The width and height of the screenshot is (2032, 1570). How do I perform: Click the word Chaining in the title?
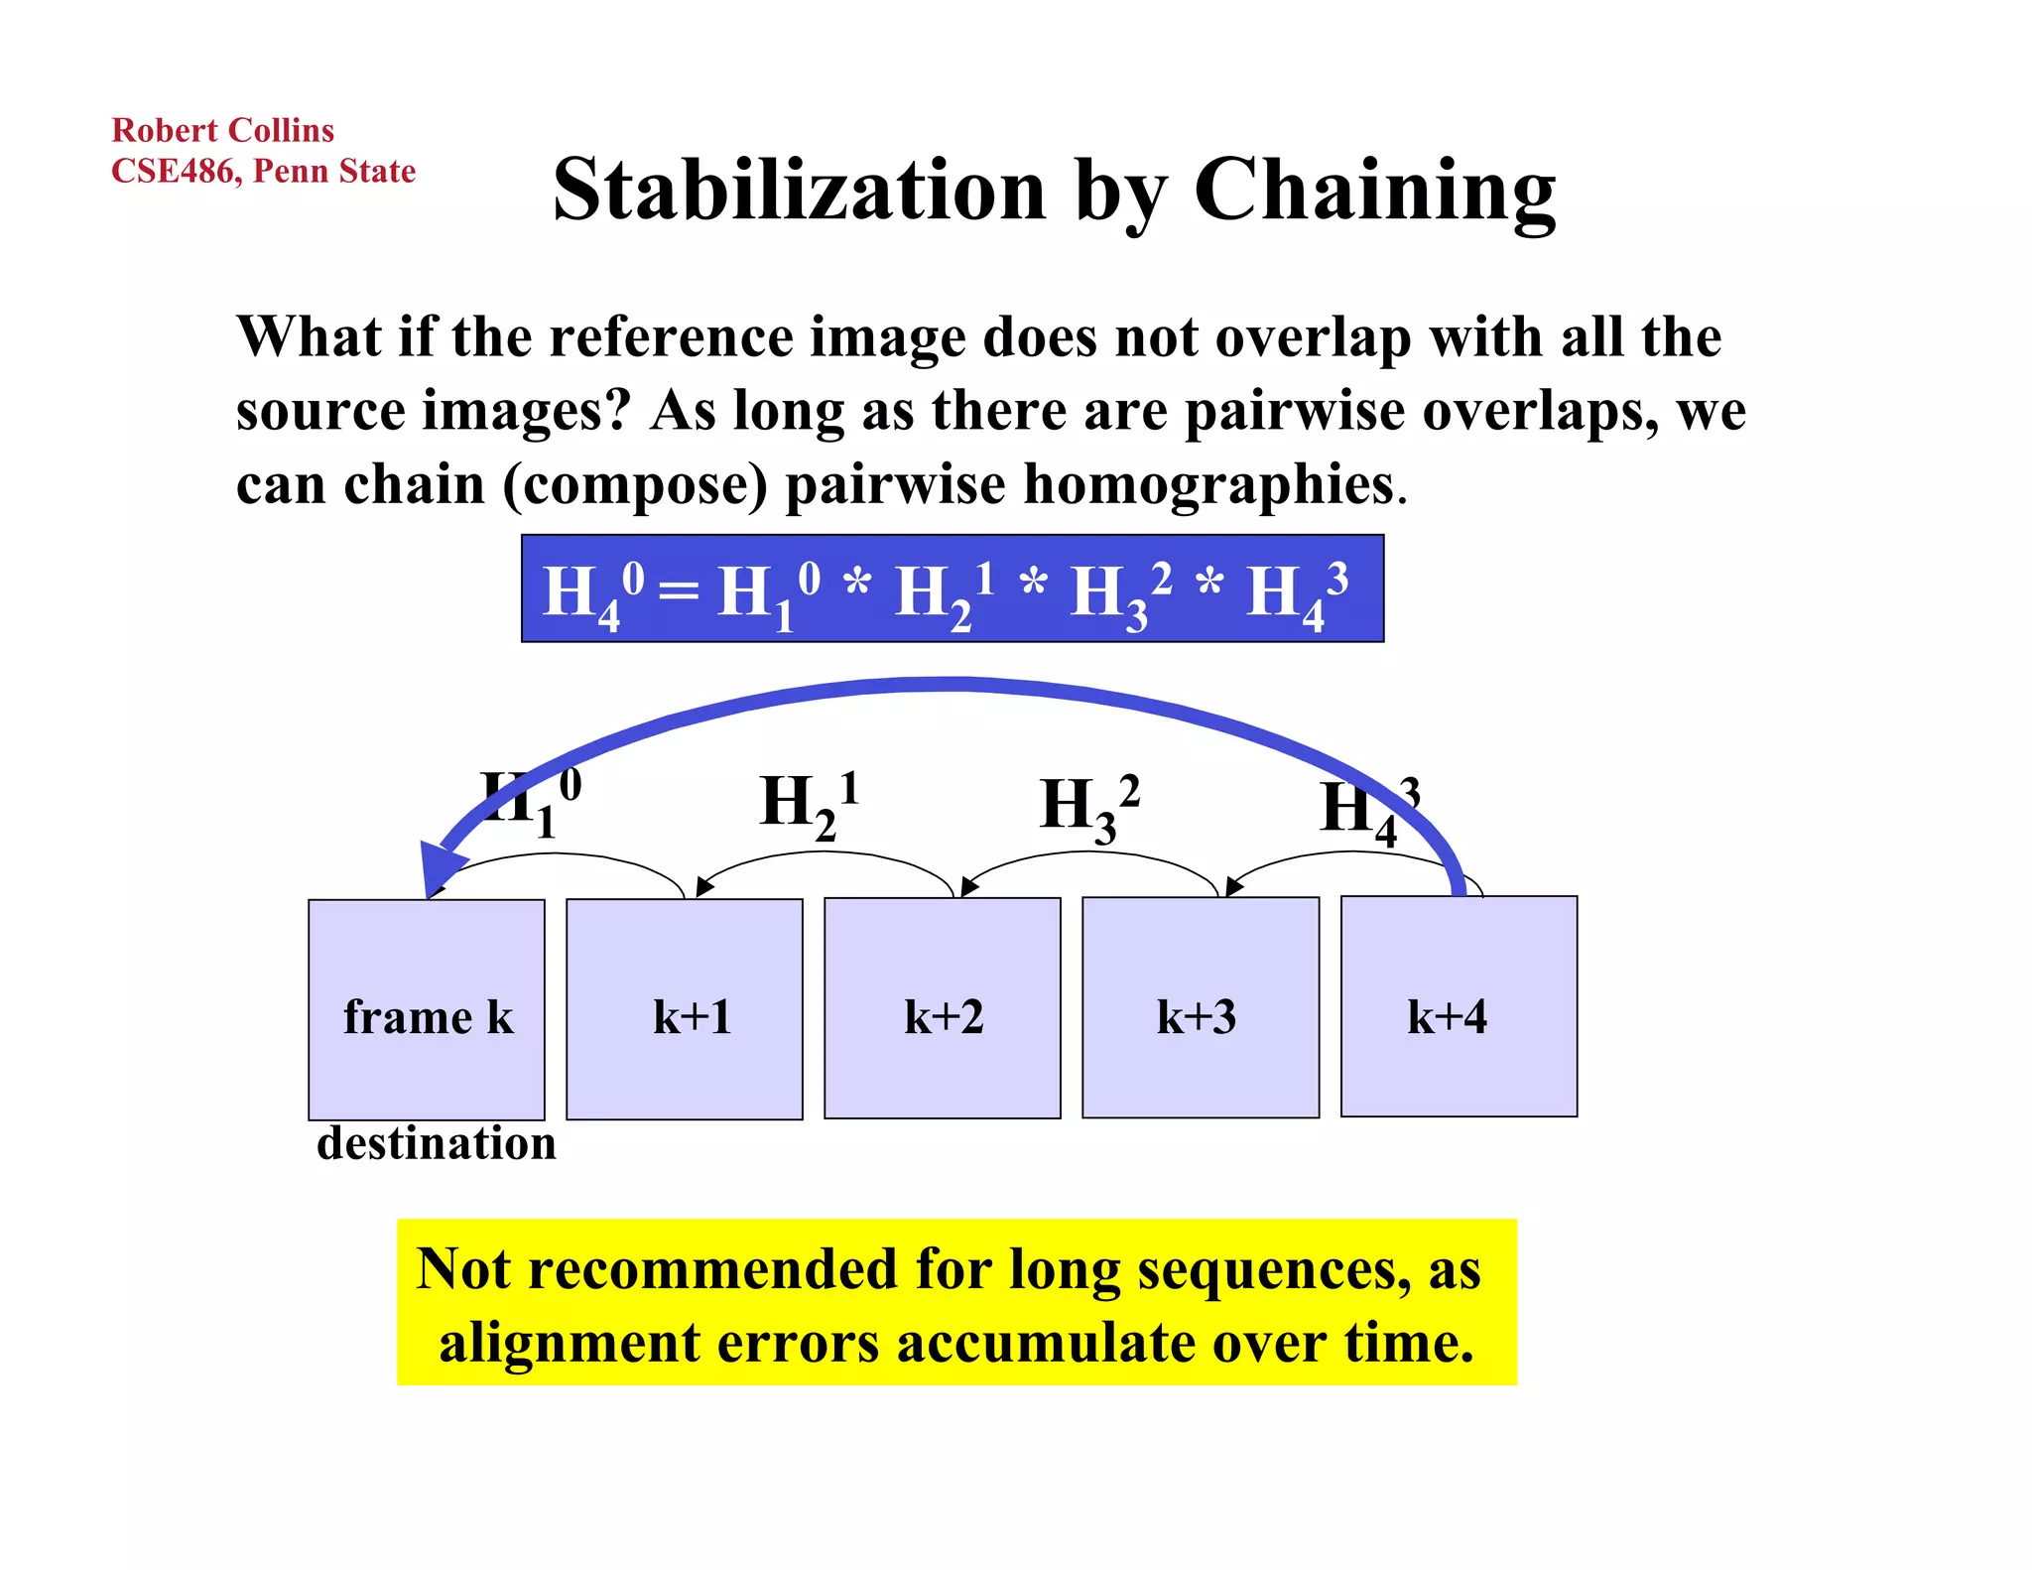click(1374, 192)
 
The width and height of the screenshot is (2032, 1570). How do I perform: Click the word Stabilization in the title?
click(800, 190)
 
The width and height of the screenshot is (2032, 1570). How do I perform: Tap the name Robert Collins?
click(222, 131)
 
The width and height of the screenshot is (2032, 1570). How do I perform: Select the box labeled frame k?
click(427, 1009)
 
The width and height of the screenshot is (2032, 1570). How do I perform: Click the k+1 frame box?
click(685, 1009)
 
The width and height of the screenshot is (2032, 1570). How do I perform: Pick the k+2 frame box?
click(943, 1008)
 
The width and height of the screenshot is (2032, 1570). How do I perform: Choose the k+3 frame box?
click(1201, 1007)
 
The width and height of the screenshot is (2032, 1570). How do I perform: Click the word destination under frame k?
click(436, 1143)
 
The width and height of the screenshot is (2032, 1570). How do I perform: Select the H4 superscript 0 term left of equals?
click(592, 593)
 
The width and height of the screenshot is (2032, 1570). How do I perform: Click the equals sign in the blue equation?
click(679, 592)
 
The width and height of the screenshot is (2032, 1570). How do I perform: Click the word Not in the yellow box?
click(462, 1269)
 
